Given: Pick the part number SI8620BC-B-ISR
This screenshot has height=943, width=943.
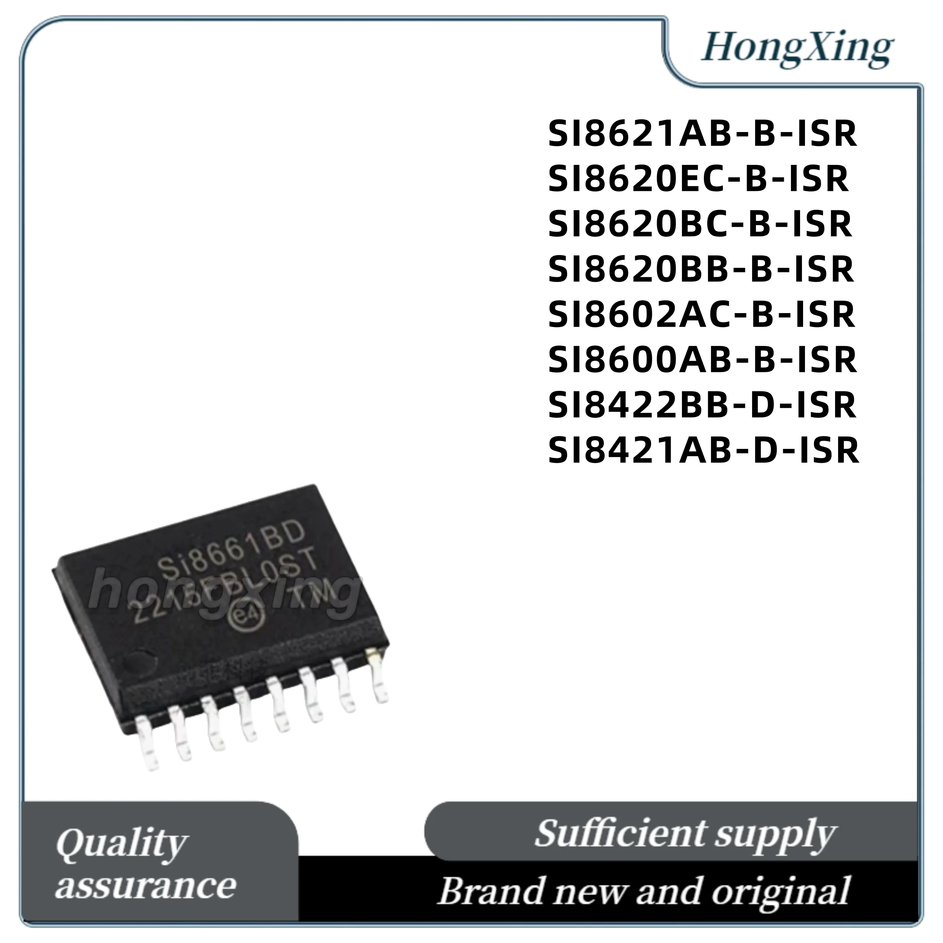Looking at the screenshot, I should click(x=699, y=224).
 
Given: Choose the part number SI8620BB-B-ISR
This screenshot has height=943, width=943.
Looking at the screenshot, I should click(x=700, y=269).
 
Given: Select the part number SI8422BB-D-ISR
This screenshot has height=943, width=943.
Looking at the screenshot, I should click(x=702, y=405).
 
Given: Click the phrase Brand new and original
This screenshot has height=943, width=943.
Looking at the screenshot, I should click(x=644, y=891).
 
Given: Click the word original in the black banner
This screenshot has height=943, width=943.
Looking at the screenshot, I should click(x=781, y=891).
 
